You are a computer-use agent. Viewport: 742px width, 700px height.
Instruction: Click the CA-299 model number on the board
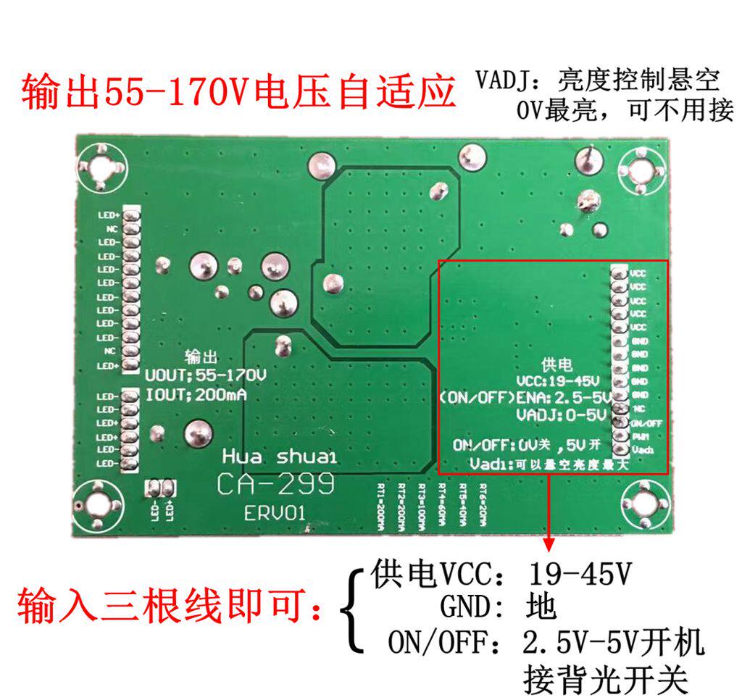(x=275, y=483)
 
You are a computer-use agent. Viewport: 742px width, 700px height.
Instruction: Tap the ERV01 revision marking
(x=275, y=513)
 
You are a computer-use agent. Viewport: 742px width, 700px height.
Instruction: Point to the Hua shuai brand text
(x=279, y=457)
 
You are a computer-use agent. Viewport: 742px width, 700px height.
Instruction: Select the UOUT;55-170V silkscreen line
(x=205, y=377)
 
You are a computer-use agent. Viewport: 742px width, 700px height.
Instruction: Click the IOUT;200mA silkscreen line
(x=196, y=396)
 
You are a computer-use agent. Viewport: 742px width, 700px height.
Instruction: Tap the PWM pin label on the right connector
(x=640, y=437)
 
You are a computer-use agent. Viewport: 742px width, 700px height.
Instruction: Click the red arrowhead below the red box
(x=549, y=543)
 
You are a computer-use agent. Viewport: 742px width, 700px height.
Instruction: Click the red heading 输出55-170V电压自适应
(x=239, y=93)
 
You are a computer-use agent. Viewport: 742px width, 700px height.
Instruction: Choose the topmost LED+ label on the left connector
(x=109, y=216)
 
